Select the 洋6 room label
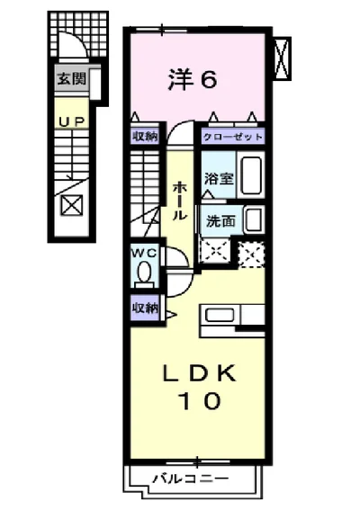click(192, 80)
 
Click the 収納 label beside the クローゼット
click(147, 137)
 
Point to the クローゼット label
click(233, 137)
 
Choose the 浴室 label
click(218, 178)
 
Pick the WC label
click(145, 254)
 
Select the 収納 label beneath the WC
click(146, 308)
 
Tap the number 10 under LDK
click(199, 401)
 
